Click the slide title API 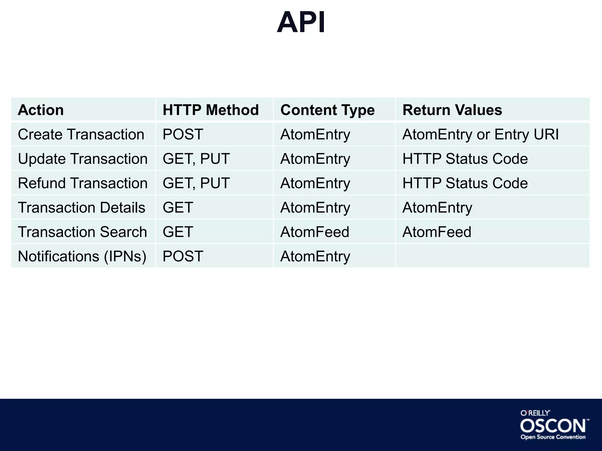pyautogui.click(x=301, y=23)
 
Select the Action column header pyautogui.click(x=41, y=110)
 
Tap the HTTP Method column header pyautogui.click(x=210, y=110)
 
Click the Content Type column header pyautogui.click(x=327, y=110)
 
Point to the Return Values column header pyautogui.click(x=452, y=110)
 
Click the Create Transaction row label pyautogui.click(x=81, y=134)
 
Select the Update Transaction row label pyautogui.click(x=83, y=159)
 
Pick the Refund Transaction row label pyautogui.click(x=83, y=183)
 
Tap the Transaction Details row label pyautogui.click(x=81, y=208)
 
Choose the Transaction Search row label pyautogui.click(x=82, y=232)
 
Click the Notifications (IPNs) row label pyautogui.click(x=82, y=256)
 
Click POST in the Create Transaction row pyautogui.click(x=183, y=134)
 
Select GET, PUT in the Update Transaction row pyautogui.click(x=196, y=159)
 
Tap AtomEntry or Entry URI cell pyautogui.click(x=480, y=134)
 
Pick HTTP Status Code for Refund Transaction pyautogui.click(x=465, y=183)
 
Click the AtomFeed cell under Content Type pyautogui.click(x=315, y=232)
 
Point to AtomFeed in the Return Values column pyautogui.click(x=437, y=232)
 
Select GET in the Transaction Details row pyautogui.click(x=178, y=208)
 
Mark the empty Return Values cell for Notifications pyautogui.click(x=492, y=256)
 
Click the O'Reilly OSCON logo pyautogui.click(x=553, y=425)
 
